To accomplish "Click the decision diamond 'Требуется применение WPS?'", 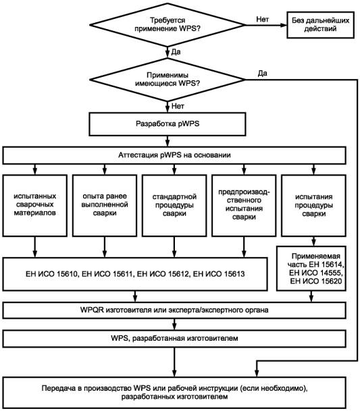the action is (x=168, y=25).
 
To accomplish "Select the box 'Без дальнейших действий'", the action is (x=320, y=25).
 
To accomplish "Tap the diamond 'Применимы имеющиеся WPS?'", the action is (x=168, y=80).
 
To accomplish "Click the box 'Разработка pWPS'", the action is (x=168, y=124).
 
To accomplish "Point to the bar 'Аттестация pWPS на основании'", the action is (x=174, y=155).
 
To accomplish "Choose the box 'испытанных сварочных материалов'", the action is (x=35, y=205).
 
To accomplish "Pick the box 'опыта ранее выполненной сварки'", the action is (x=105, y=205).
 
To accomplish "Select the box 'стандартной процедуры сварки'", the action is (x=174, y=205).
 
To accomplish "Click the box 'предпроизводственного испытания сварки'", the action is (x=244, y=205).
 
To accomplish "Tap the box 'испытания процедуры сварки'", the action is (x=313, y=205).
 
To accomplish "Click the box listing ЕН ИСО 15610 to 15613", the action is (x=135, y=274).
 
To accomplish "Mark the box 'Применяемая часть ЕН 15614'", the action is (x=311, y=269).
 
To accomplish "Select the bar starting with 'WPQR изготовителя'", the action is (x=174, y=310).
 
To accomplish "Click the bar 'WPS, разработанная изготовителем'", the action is (x=174, y=339).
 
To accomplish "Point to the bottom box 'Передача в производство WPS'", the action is (x=174, y=392).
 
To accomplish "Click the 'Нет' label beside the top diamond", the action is (x=262, y=19).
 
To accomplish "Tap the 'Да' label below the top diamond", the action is (x=176, y=52).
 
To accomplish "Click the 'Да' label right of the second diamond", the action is (x=262, y=73).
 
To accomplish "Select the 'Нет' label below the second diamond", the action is (x=178, y=106).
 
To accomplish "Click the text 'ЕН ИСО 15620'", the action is (x=316, y=281).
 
